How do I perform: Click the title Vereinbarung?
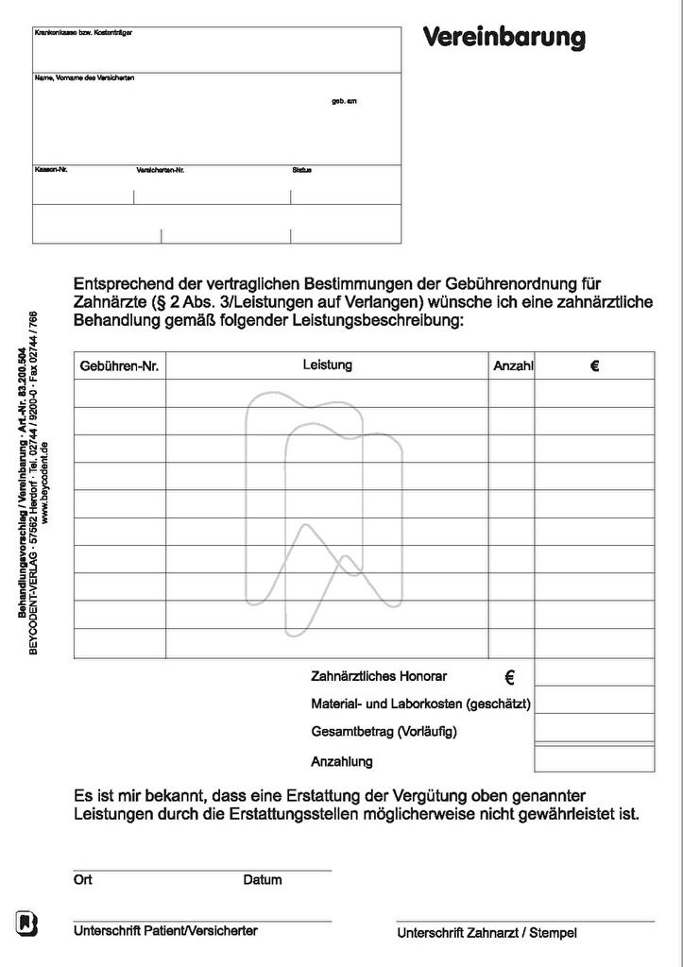504,38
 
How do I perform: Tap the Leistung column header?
328,365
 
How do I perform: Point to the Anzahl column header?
513,366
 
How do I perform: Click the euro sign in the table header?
594,365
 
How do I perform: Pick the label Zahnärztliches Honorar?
379,676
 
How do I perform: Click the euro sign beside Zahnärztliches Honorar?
510,676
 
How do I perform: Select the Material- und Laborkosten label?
420,704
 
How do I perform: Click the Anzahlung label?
341,761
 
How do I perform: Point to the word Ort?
83,879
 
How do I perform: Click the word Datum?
263,880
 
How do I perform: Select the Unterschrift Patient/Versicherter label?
165,931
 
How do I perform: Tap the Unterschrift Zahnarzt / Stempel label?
487,933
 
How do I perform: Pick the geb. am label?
344,101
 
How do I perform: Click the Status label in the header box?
301,170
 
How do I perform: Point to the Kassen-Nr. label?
51,170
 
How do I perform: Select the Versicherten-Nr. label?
161,170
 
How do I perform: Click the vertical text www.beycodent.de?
45,482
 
